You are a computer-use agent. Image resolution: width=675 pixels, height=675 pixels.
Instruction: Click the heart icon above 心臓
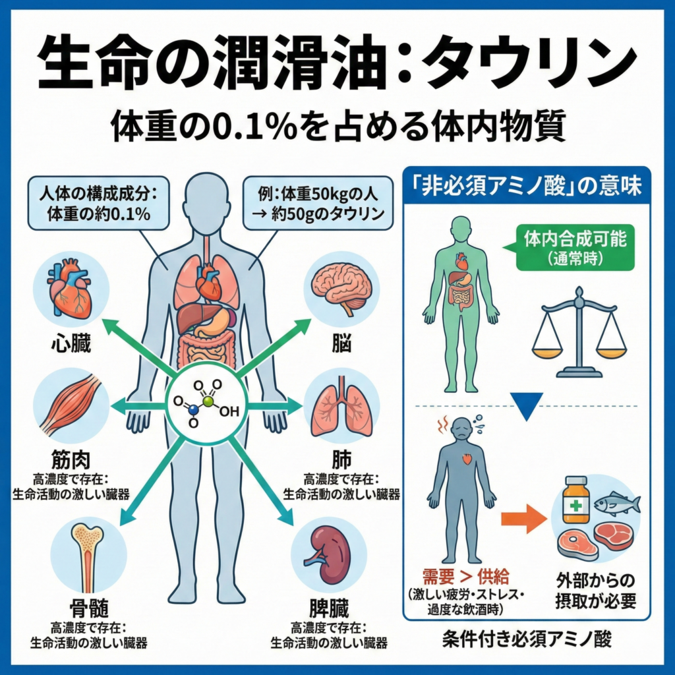pos(71,290)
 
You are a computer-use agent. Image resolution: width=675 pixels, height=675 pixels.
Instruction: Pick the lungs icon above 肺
pos(341,405)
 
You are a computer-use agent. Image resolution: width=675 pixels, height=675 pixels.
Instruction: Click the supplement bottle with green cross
pos(575,500)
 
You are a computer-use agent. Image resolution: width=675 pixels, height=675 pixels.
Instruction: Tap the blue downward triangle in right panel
pos(527,407)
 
